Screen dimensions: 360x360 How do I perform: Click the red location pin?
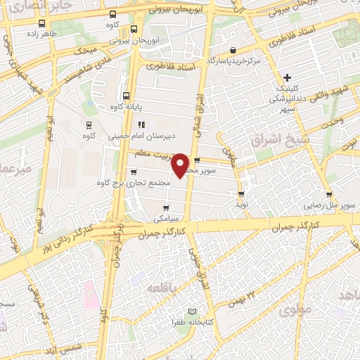[181, 165]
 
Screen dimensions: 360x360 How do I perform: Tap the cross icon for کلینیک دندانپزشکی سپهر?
[286, 77]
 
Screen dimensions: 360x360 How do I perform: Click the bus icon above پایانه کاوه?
[126, 96]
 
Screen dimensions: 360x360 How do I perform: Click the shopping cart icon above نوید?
[242, 193]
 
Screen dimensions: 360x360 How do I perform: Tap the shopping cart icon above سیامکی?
[166, 207]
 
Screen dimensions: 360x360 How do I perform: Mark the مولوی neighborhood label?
[295, 309]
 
